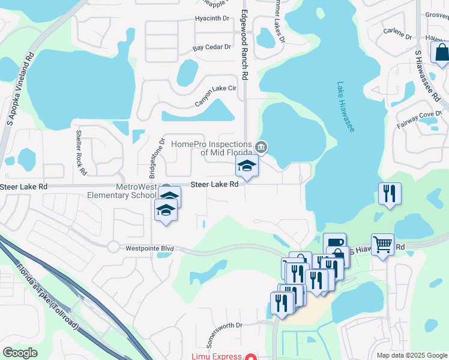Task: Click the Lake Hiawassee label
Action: (346, 107)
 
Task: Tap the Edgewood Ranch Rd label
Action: (244, 46)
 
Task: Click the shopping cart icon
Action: (382, 244)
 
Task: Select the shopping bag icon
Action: (441, 52)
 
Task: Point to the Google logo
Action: (19, 352)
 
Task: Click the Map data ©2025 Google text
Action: (411, 355)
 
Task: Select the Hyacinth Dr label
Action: (212, 19)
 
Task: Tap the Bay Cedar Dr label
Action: (211, 47)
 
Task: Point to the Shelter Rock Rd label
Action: (80, 152)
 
